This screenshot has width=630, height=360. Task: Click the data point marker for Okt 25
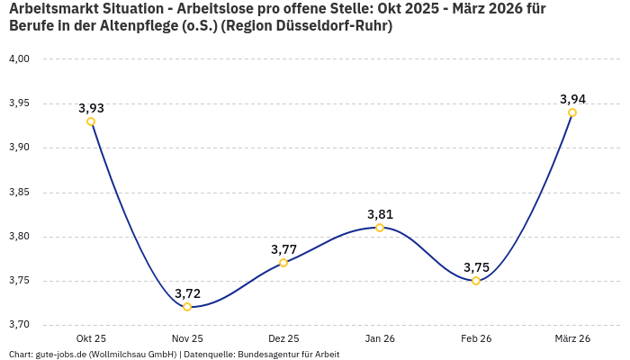coord(91,121)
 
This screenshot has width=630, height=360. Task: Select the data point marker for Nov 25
coord(187,307)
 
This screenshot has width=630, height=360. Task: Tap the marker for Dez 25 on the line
coord(283,263)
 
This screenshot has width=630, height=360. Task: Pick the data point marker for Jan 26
coord(380,228)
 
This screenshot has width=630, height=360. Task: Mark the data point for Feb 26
coord(476,281)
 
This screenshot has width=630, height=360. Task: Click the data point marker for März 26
coord(572,112)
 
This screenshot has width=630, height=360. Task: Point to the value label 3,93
coord(91,108)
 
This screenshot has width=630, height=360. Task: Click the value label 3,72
coord(187,293)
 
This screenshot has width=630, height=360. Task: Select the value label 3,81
coord(380,214)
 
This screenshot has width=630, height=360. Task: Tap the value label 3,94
coord(572,99)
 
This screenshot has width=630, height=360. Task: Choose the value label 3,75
coord(476,267)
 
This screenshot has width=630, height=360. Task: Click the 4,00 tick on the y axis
coord(20,59)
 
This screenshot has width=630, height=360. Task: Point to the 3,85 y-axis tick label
coord(20,193)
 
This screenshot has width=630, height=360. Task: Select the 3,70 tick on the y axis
coord(20,325)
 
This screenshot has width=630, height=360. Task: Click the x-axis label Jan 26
coord(380,338)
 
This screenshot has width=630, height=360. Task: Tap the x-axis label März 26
coord(572,338)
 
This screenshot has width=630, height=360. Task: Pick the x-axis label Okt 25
coord(91,338)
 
